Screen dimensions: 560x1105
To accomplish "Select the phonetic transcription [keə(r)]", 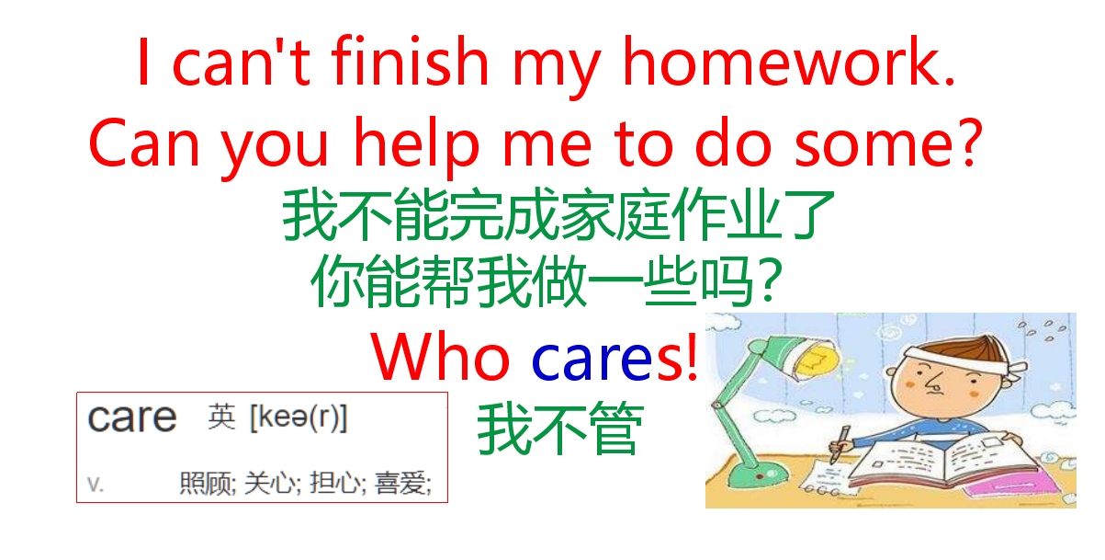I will [299, 419].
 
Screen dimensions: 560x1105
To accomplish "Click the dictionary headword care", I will [132, 418].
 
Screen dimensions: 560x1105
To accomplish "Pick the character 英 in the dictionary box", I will [221, 419].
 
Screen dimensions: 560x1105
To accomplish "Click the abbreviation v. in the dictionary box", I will [95, 484].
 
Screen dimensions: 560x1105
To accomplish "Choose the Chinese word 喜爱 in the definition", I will [402, 484].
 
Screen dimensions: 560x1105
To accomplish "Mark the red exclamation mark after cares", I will [692, 358].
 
